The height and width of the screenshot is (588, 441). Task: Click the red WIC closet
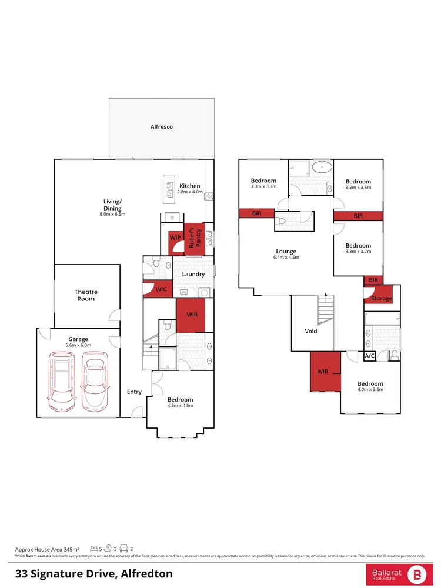(161, 289)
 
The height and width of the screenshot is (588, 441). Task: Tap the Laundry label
(193, 274)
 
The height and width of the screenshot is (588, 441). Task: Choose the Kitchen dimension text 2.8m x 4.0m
(189, 192)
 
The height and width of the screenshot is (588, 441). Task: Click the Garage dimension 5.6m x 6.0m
(78, 346)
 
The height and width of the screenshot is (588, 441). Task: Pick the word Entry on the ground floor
(135, 392)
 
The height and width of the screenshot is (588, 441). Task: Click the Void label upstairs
(311, 331)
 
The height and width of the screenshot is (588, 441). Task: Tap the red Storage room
(382, 298)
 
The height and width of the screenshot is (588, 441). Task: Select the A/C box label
(370, 356)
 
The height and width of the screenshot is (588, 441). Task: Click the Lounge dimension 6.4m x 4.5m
(286, 257)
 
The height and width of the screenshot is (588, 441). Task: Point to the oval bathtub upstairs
(321, 166)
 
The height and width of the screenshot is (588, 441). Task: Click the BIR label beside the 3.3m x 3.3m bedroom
(257, 213)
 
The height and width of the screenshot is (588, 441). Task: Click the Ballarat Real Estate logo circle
(418, 573)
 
